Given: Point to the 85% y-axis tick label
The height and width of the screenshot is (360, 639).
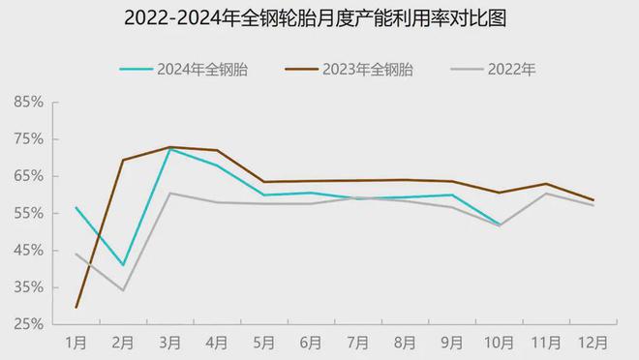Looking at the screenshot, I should tap(29, 102).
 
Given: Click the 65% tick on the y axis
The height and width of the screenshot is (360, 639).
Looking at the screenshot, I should tap(29, 176).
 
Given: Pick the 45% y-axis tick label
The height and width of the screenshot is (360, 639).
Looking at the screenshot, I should tap(29, 251).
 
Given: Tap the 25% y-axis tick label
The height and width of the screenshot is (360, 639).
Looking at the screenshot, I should tap(29, 325).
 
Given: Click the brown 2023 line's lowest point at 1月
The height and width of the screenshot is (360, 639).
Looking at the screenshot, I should tap(76, 308).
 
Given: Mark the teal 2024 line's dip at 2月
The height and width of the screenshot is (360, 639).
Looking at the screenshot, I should tap(123, 265).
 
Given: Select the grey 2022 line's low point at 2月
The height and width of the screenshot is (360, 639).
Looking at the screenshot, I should tap(123, 290).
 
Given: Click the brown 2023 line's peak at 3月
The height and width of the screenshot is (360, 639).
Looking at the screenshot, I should tap(169, 147).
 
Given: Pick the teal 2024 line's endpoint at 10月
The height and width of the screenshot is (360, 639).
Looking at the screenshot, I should tap(500, 225).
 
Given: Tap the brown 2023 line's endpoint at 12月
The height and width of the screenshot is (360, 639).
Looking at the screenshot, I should tap(593, 200).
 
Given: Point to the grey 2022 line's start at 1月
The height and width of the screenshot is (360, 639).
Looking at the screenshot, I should tap(76, 254).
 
